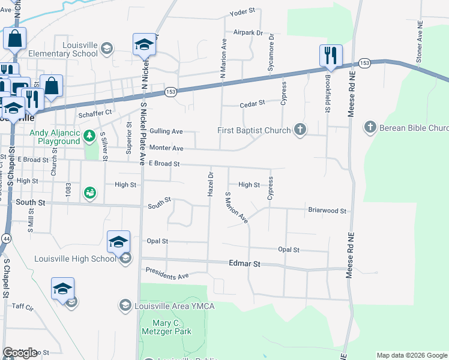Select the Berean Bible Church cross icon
[x=370, y=127]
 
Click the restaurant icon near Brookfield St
[x=331, y=56]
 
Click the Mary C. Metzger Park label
[x=166, y=326]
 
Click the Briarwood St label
[x=327, y=211]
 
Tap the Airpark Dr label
[x=249, y=32]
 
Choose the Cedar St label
[x=252, y=103]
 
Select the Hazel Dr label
[x=211, y=184]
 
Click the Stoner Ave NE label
[x=420, y=46]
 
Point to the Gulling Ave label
[x=166, y=131]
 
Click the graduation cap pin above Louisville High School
[x=118, y=242]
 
